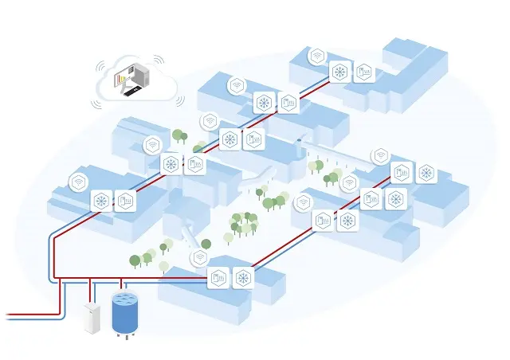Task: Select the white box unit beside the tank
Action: (x=92, y=317)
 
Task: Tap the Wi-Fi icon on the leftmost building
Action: (x=78, y=182)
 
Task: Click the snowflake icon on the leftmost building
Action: (x=101, y=201)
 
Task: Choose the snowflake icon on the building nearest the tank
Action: (x=242, y=278)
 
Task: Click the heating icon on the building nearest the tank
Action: (x=217, y=278)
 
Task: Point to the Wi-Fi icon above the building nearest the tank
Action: (x=199, y=257)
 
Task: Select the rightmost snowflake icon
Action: (x=427, y=173)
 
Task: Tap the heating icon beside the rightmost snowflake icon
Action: (x=402, y=173)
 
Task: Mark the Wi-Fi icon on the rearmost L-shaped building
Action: (x=317, y=55)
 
